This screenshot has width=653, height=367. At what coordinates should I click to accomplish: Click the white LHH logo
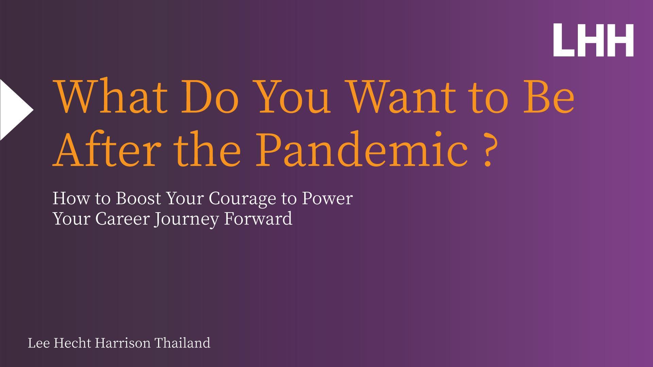594,40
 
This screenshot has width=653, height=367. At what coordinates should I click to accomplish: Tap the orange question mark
488,151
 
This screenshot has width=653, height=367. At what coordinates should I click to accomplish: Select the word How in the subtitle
71,198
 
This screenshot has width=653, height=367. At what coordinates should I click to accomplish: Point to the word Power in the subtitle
327,198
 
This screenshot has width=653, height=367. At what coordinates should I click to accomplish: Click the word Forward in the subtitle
258,218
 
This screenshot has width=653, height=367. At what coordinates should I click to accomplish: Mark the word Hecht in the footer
72,343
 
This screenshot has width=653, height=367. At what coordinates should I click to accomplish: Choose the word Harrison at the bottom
122,343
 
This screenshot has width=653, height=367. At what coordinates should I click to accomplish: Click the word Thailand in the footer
183,343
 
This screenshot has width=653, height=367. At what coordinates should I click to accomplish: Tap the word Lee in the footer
39,343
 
